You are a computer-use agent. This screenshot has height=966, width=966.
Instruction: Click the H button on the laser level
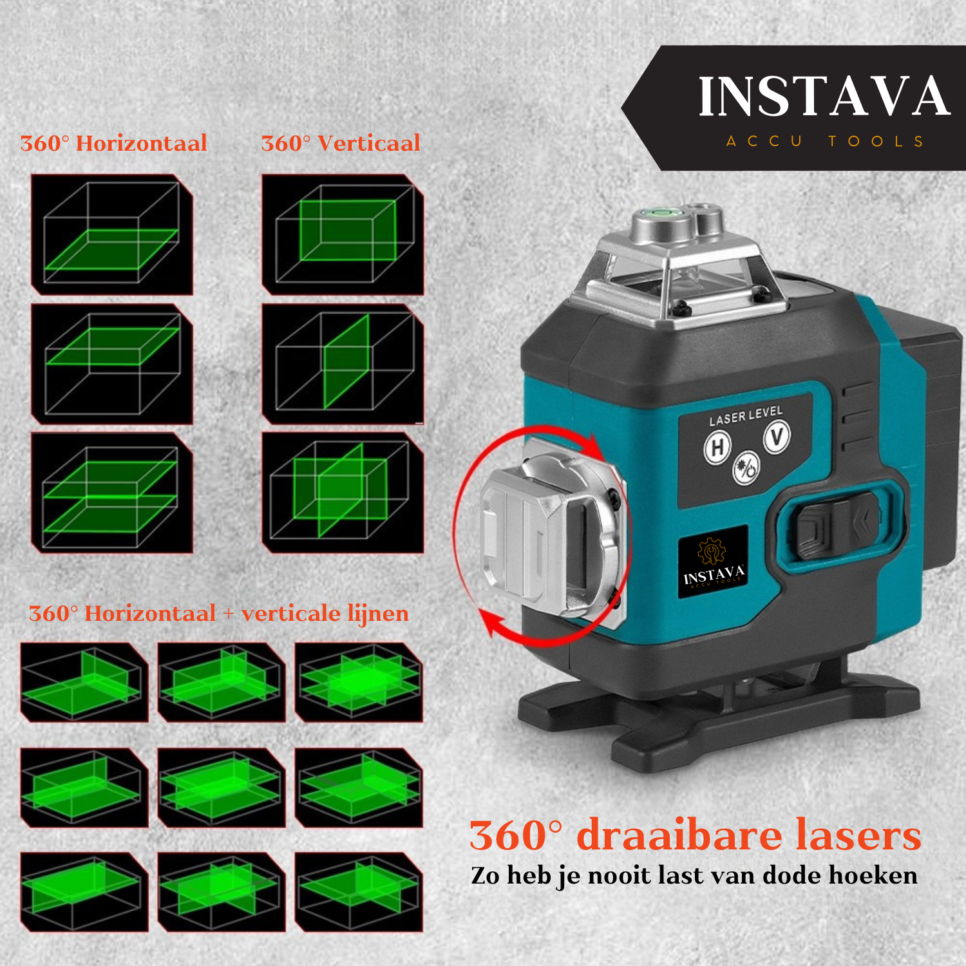click(718, 447)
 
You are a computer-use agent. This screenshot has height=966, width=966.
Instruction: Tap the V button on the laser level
click(777, 437)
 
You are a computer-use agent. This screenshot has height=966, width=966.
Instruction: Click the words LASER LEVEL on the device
click(746, 415)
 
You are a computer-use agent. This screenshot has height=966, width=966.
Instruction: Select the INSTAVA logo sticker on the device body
click(713, 562)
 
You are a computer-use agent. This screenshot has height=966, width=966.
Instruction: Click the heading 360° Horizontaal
click(114, 143)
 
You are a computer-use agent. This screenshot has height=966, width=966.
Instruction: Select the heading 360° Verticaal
click(341, 143)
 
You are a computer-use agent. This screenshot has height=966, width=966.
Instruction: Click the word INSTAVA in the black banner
click(824, 97)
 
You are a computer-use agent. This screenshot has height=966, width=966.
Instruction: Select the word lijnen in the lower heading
click(378, 614)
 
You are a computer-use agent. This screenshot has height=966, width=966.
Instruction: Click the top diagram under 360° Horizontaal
click(112, 234)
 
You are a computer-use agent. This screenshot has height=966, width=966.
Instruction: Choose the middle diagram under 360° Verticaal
click(343, 364)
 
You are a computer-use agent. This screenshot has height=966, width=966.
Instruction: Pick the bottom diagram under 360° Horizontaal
click(112, 493)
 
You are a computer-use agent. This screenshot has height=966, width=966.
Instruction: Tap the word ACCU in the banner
click(764, 141)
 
